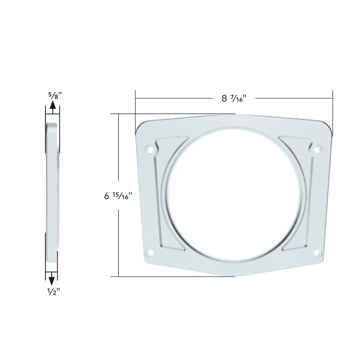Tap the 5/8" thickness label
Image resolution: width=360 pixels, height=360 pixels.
pyautogui.click(x=53, y=95)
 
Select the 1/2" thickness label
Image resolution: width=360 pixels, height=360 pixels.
pyautogui.click(x=53, y=291)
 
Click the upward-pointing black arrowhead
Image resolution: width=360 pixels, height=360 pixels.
pyautogui.click(x=53, y=106)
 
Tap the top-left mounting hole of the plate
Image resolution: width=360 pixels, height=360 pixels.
pyautogui.click(x=149, y=149)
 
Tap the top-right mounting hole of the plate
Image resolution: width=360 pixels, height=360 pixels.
pyautogui.click(x=317, y=149)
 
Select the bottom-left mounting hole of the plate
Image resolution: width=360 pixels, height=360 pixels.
pyautogui.click(x=150, y=252)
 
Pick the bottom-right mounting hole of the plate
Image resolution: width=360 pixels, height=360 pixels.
pyautogui.click(x=317, y=252)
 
